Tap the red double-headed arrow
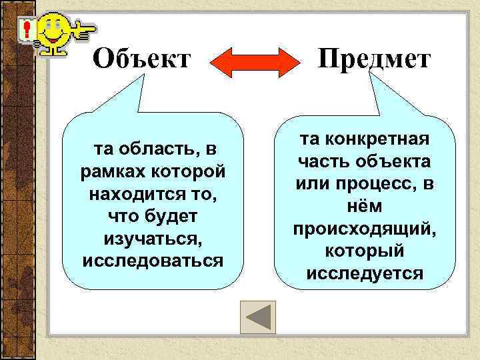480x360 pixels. tap(255, 61)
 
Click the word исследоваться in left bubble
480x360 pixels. tap(152, 260)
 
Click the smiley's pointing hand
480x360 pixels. tap(85, 28)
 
